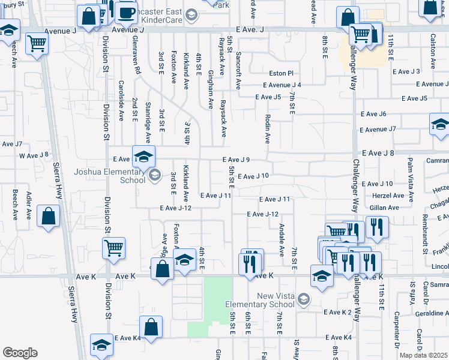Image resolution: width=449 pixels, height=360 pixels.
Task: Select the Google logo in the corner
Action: pyautogui.click(x=20, y=353)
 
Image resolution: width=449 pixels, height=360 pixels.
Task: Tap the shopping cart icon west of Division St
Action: pyautogui.click(x=37, y=43)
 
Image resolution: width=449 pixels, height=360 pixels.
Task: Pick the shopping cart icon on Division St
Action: pyautogui.click(x=113, y=247)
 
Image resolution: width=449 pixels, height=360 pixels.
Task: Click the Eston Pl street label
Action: pyautogui.click(x=282, y=73)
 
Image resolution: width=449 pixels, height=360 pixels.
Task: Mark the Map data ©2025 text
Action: pyautogui.click(x=423, y=355)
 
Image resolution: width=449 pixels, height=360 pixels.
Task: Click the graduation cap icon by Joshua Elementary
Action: pyautogui.click(x=143, y=157)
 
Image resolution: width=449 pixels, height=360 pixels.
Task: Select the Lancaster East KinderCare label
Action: pyautogui.click(x=159, y=16)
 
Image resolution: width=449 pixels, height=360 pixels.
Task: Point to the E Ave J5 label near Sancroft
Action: pyautogui.click(x=268, y=97)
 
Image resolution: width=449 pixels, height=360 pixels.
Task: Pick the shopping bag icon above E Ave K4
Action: pyautogui.click(x=151, y=328)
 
